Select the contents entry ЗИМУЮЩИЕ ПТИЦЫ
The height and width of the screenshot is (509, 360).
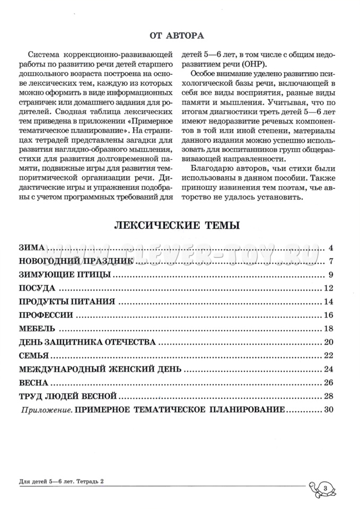[65, 275]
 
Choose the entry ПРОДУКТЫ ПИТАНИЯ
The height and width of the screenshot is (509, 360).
[67, 302]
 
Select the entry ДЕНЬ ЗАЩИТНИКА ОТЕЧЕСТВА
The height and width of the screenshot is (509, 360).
[87, 342]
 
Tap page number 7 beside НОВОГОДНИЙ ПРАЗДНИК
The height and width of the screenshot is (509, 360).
[330, 261]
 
